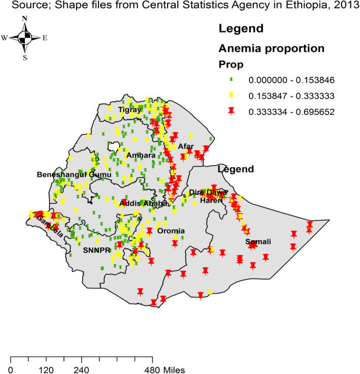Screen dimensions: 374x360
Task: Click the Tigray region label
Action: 128,110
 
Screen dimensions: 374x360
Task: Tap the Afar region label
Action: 186,146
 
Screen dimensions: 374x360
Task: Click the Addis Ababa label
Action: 143,203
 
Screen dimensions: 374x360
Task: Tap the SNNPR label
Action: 96,251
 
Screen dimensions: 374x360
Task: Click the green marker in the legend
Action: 231,80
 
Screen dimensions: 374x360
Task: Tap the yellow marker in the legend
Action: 231,95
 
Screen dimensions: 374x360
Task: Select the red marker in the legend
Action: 231,110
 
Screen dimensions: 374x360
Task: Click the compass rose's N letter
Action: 25,19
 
